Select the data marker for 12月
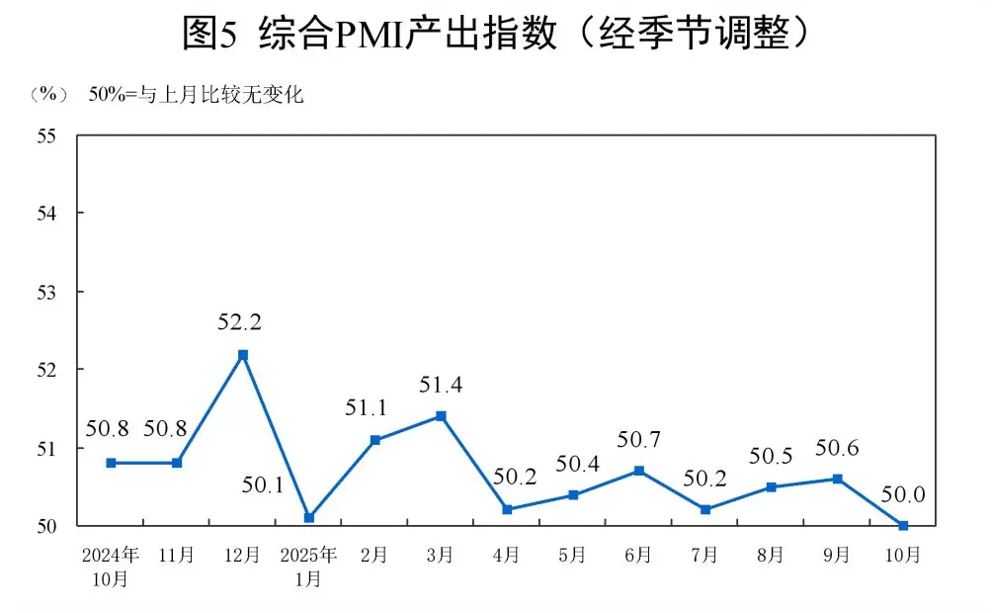point(243,354)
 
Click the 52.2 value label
point(242,321)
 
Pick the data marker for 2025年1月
point(309,517)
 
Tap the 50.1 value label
point(263,485)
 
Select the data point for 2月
point(375,440)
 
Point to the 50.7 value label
point(638,439)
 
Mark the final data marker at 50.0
point(903,525)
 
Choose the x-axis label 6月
point(638,556)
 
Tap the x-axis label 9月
point(837,556)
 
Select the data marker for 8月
point(771,486)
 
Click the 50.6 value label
point(837,448)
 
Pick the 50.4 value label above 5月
point(573,463)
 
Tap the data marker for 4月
point(507,509)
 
